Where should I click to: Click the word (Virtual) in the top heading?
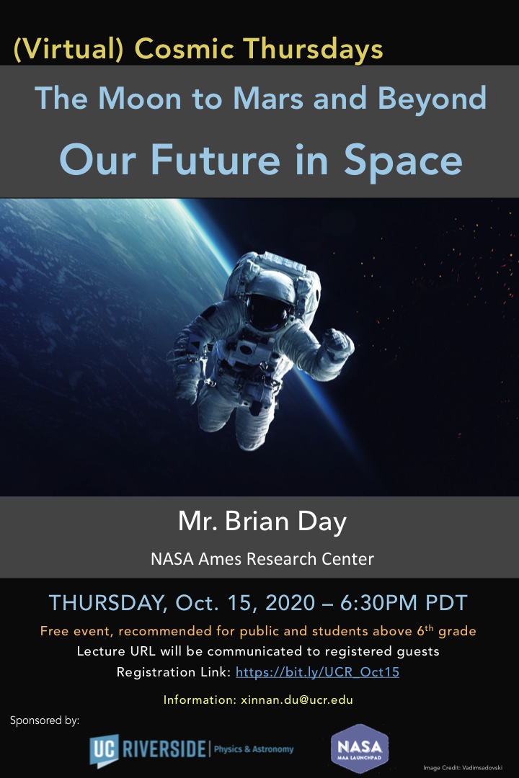coord(68,50)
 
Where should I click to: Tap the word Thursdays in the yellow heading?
coord(314,49)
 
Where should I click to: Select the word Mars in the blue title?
coord(268,98)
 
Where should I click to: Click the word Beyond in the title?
coord(432,99)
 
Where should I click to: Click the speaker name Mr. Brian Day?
coord(262,522)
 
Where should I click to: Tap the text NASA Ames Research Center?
coord(262,559)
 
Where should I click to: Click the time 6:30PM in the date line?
coord(379,603)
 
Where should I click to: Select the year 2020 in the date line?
coord(290,603)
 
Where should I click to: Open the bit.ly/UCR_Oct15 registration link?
coord(317,672)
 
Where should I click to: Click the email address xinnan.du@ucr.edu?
coord(296,700)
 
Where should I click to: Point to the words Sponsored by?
coord(45,720)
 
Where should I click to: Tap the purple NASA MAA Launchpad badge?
coord(360,748)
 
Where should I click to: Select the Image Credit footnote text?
coord(462,768)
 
